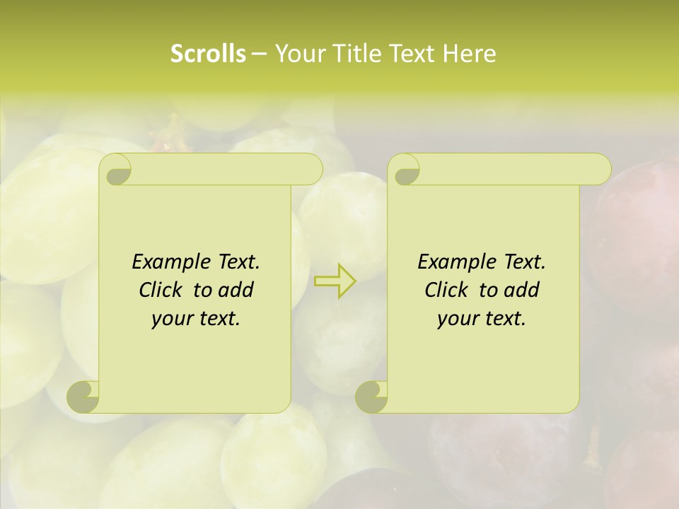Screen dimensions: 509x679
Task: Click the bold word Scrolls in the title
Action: (208, 54)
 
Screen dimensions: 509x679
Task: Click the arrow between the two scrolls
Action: (335, 281)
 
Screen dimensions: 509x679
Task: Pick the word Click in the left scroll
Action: (161, 291)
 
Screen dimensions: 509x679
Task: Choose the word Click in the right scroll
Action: (447, 291)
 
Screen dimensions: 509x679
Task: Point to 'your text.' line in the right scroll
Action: (482, 319)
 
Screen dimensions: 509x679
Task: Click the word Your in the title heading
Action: (300, 54)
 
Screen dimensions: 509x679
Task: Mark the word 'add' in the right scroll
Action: (523, 291)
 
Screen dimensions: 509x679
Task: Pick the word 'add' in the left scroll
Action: (237, 291)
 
